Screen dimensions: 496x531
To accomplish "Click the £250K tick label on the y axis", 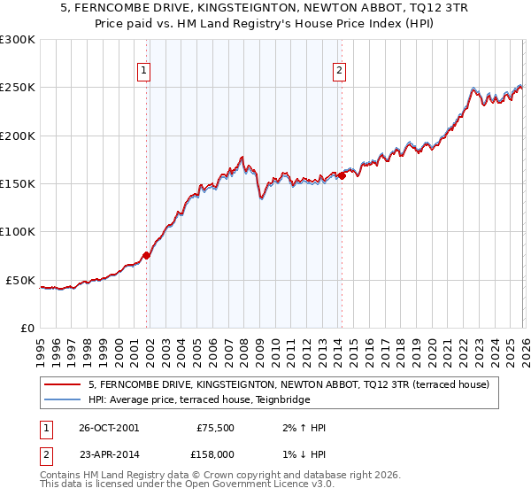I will (x=18, y=88).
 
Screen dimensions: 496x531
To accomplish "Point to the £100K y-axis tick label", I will (x=18, y=232).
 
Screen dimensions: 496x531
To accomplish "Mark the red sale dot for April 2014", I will (x=342, y=175).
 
